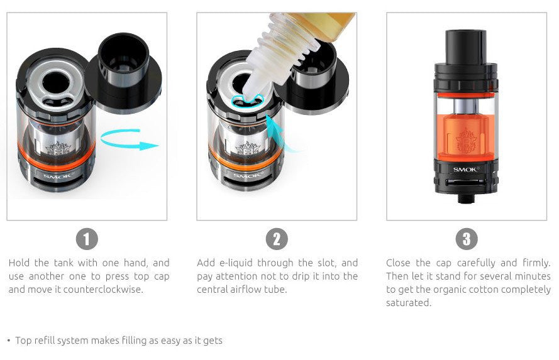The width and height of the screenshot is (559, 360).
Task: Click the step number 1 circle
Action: click(87, 239)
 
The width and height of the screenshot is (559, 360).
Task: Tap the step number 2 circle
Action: click(277, 239)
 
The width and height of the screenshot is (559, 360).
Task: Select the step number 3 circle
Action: click(466, 239)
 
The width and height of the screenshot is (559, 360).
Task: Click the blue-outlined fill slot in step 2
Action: click(243, 101)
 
